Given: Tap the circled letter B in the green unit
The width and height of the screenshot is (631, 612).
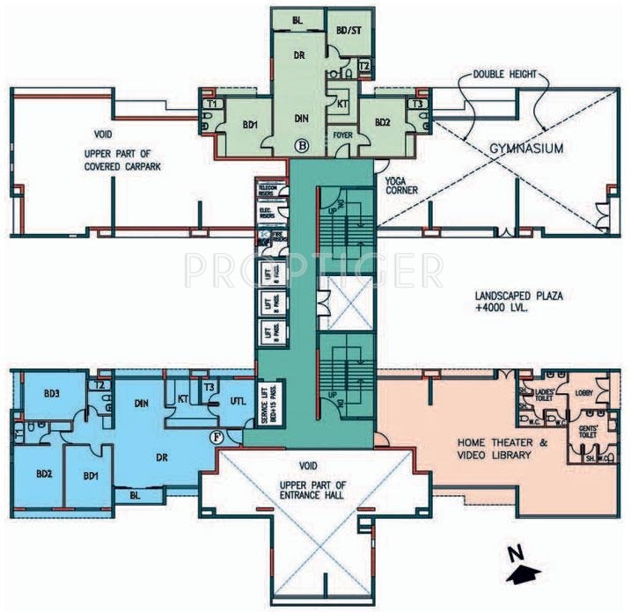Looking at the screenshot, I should click(x=302, y=144).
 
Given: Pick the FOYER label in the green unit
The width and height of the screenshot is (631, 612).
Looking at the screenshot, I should click(x=343, y=135).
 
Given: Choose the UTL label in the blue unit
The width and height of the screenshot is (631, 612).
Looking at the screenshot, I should click(x=238, y=400).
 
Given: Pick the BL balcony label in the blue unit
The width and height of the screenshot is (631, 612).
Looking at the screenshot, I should click(x=135, y=495).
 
